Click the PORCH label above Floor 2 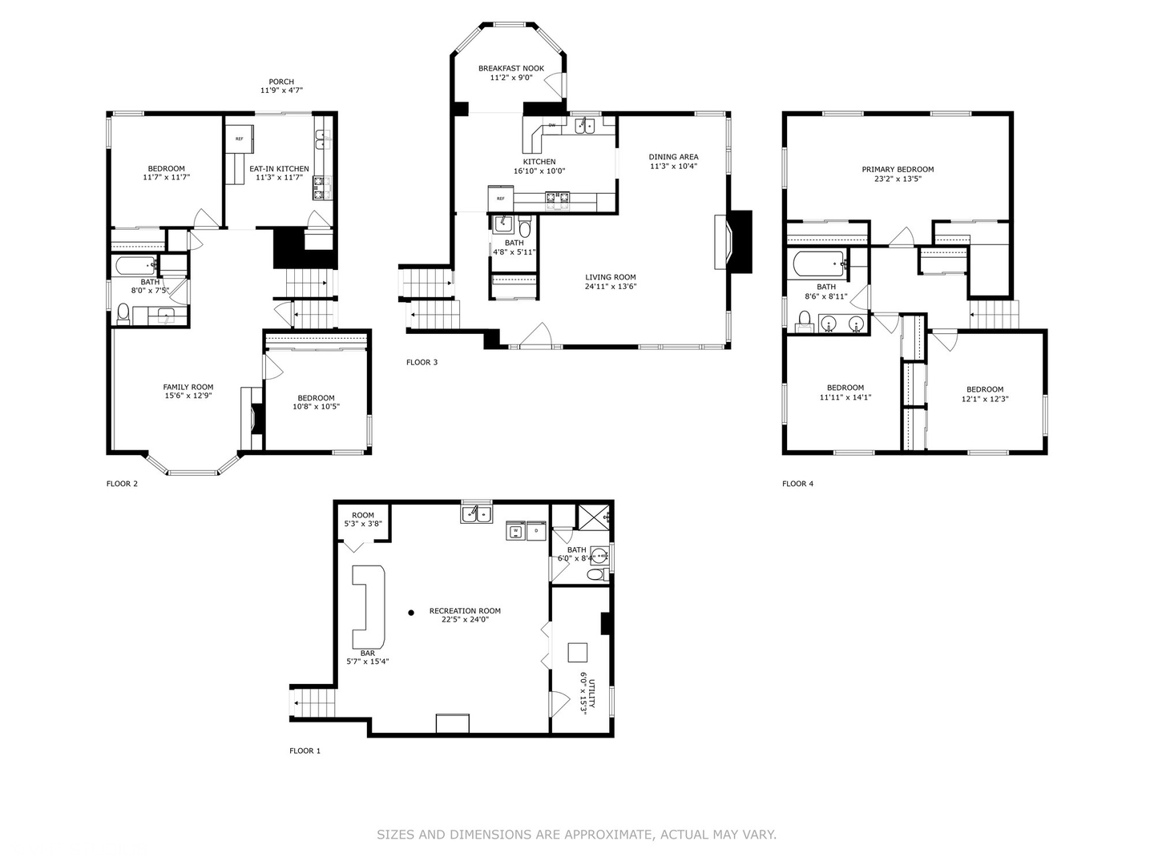pyautogui.click(x=281, y=82)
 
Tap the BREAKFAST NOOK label pyautogui.click(x=511, y=69)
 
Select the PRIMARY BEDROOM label pyautogui.click(x=898, y=170)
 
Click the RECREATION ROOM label pyautogui.click(x=465, y=611)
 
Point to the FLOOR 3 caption pyautogui.click(x=422, y=363)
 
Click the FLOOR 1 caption pyautogui.click(x=305, y=751)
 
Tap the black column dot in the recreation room pyautogui.click(x=411, y=613)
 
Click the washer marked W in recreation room pyautogui.click(x=515, y=530)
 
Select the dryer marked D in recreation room pyautogui.click(x=536, y=530)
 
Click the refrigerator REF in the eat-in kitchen pyautogui.click(x=239, y=139)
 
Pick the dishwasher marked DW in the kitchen pyautogui.click(x=552, y=126)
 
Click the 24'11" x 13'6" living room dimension pyautogui.click(x=611, y=287)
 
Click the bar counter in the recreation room pyautogui.click(x=369, y=606)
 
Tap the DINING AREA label pyautogui.click(x=673, y=157)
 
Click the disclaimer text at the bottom pyautogui.click(x=576, y=835)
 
